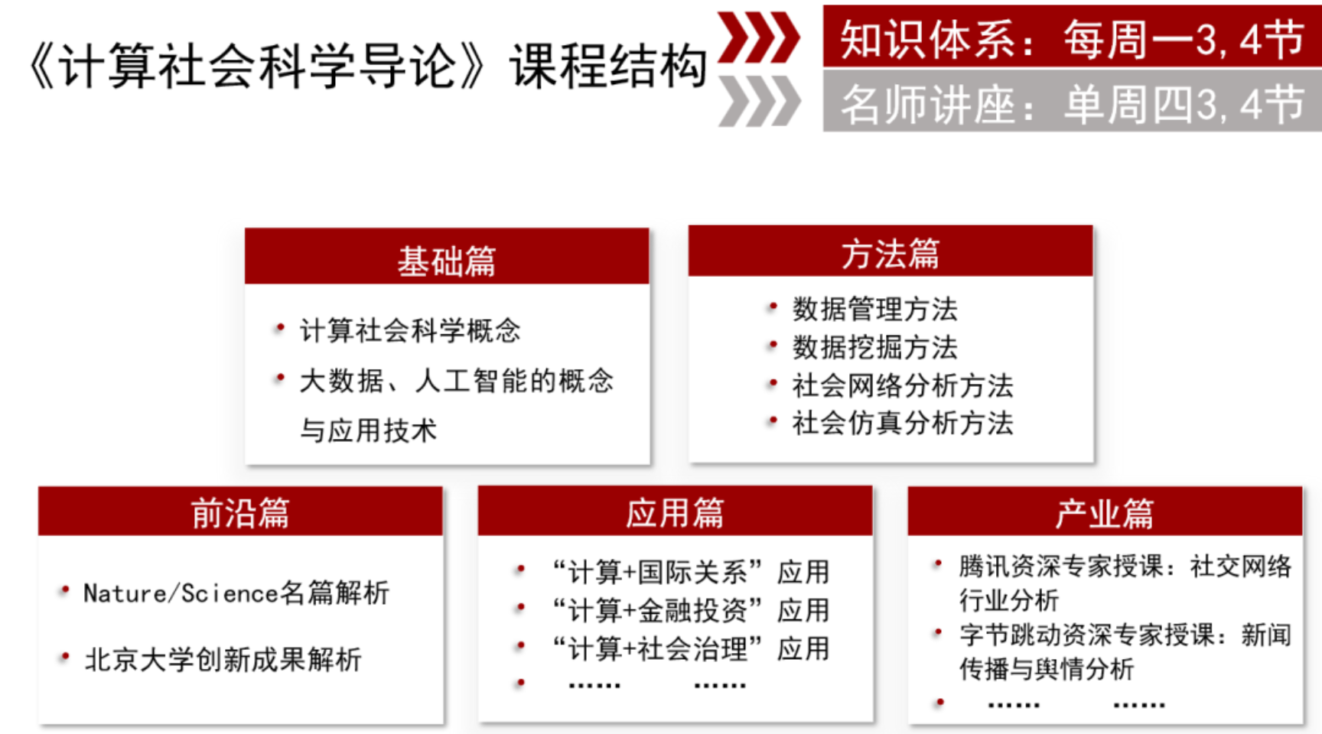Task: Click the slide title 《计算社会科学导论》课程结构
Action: (368, 66)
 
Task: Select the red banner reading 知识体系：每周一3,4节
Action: (1072, 36)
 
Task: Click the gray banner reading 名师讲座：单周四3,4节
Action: (1072, 102)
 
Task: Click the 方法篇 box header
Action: (891, 251)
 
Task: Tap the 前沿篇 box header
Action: (240, 511)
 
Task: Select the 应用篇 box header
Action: (675, 511)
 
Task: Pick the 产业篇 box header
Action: (1105, 511)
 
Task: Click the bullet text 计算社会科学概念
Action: (410, 330)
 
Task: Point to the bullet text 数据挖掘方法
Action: (875, 347)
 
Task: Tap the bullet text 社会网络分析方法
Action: (903, 385)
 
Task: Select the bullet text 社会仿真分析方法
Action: (903, 423)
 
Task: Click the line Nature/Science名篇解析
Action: (236, 593)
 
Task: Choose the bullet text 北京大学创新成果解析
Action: (223, 659)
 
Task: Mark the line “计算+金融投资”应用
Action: (691, 610)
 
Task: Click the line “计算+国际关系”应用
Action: (691, 571)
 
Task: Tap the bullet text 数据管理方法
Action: (875, 309)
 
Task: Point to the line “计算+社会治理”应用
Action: (691, 648)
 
